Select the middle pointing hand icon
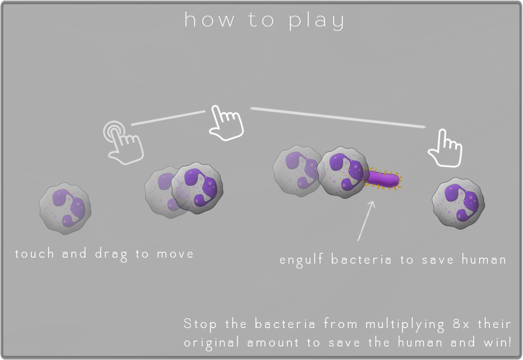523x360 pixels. point(227,123)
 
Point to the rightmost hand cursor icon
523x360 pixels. point(446,148)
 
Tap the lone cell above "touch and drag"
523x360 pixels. point(65,208)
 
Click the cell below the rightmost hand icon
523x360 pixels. point(458,203)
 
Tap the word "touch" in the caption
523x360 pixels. point(35,253)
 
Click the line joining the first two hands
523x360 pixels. point(168,119)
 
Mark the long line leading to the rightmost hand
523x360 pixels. point(338,117)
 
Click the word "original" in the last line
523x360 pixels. point(211,343)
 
